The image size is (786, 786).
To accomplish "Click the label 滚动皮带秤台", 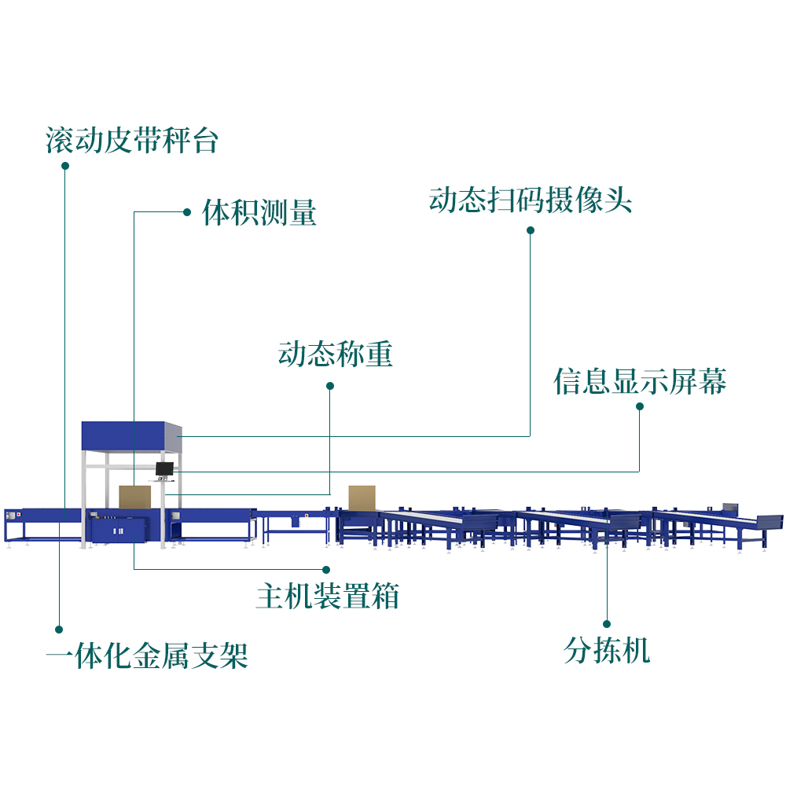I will click(x=131, y=141).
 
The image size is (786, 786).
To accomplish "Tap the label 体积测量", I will click(x=259, y=212).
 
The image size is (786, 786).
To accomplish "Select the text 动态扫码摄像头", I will click(x=531, y=200).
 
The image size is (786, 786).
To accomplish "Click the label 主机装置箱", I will click(x=328, y=596).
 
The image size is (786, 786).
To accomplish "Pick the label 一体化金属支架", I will click(x=147, y=654).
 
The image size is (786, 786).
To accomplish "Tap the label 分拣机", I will click(x=607, y=650).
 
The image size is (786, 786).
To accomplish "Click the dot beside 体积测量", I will click(x=186, y=211).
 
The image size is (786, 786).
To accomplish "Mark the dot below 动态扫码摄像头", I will click(x=531, y=230).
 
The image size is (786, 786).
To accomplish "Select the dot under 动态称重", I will click(x=330, y=386).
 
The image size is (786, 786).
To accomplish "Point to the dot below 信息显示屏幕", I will click(x=640, y=406).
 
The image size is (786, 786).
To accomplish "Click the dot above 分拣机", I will click(x=607, y=623).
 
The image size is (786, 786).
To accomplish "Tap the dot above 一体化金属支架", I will click(x=58, y=629).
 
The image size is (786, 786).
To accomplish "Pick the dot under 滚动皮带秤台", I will click(x=65, y=166).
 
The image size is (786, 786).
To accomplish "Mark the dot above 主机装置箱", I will click(x=326, y=568).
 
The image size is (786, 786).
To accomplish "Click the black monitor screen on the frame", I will click(x=164, y=468).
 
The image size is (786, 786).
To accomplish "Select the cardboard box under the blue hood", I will click(x=134, y=497).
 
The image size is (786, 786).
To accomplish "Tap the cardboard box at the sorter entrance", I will click(x=362, y=498).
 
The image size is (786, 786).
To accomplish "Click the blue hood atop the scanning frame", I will click(x=131, y=435).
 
